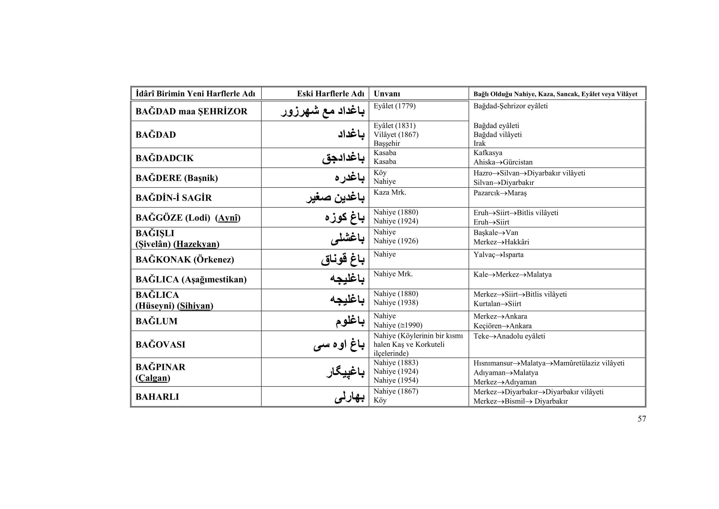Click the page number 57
(x=642, y=419)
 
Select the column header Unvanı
(x=387, y=94)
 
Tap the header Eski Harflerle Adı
(x=330, y=94)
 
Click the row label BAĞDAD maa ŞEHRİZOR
(x=191, y=111)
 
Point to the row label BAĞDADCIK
(x=164, y=158)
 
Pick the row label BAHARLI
(x=157, y=397)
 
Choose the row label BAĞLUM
(x=156, y=321)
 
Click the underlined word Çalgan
(x=153, y=378)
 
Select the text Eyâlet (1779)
(x=394, y=106)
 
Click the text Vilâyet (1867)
(x=396, y=134)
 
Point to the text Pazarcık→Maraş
(x=500, y=193)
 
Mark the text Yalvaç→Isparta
(x=498, y=254)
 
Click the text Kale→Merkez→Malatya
(x=512, y=275)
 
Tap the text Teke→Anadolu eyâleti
(x=509, y=336)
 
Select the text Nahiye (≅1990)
(x=398, y=325)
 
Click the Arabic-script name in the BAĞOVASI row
(x=339, y=345)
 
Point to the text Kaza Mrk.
(x=389, y=192)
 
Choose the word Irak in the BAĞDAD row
(x=479, y=143)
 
